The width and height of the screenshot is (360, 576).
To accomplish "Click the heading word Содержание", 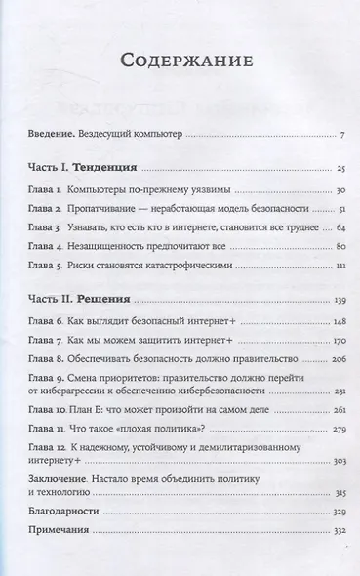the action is coord(180,61).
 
